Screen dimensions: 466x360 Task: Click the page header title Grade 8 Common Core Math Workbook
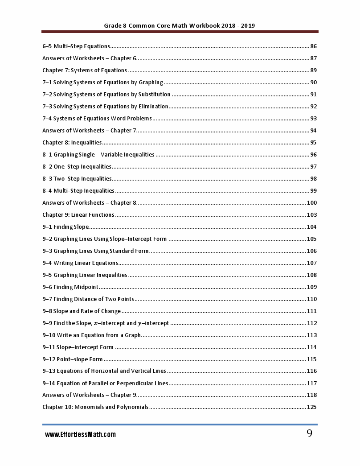pos(180,26)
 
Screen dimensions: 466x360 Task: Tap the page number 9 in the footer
pos(309,433)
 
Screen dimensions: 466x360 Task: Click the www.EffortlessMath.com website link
pos(80,434)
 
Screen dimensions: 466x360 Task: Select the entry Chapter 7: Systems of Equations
pos(85,70)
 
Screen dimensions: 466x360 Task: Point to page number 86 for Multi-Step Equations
pos(313,46)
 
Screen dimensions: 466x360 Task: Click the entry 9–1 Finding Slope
pos(65,227)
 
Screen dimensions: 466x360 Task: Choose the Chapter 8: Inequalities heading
pos(72,143)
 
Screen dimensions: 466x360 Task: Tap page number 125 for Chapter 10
pos(311,407)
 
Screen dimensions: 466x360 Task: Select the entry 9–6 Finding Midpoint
pos(70,287)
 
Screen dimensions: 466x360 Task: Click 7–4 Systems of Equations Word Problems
pos(97,119)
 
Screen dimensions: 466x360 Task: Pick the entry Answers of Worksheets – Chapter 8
pos(89,203)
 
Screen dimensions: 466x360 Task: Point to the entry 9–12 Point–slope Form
pos(73,359)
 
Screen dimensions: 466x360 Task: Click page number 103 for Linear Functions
pos(311,215)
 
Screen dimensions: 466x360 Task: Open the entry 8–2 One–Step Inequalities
pos(77,167)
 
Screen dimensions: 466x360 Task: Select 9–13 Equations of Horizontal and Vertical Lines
pos(104,371)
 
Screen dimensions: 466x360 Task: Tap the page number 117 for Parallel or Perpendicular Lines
pos(311,384)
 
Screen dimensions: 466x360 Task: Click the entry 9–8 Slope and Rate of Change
pos(82,311)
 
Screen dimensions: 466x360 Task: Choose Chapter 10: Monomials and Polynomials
pos(95,407)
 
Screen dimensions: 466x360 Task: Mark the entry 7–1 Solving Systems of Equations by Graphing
pos(102,82)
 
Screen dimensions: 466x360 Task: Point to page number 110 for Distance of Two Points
pos(311,299)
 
